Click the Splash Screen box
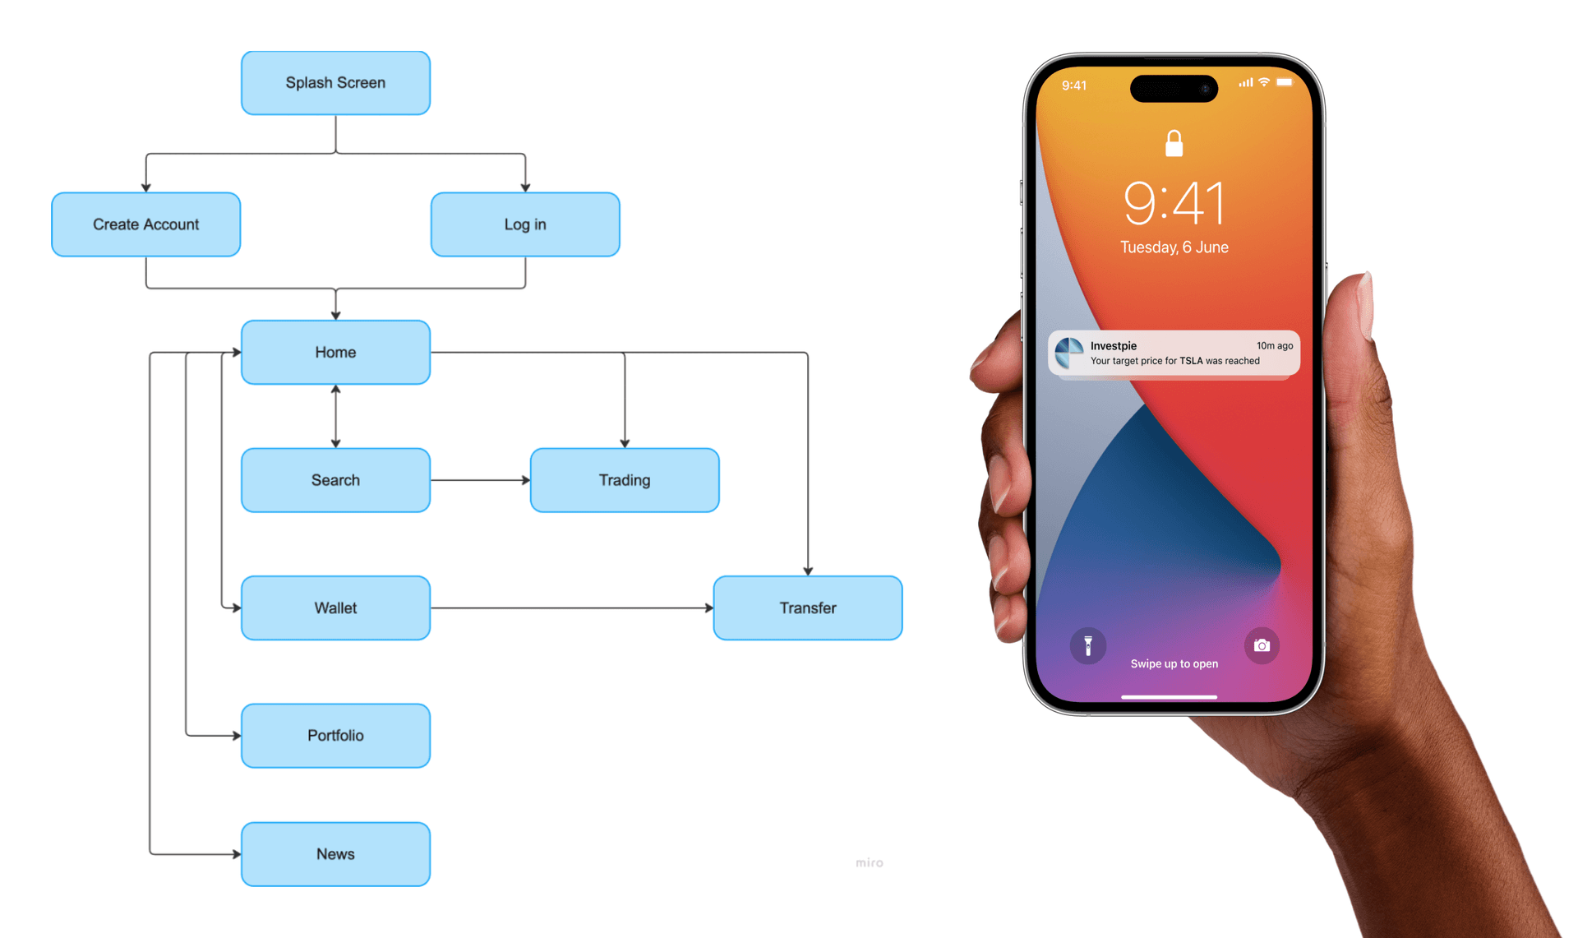click(335, 83)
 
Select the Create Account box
click(145, 224)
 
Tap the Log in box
click(525, 224)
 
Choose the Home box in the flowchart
click(335, 352)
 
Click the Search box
click(335, 480)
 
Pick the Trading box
click(625, 480)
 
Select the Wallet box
click(335, 608)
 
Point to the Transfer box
click(807, 608)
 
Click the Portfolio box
click(335, 736)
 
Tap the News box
click(335, 854)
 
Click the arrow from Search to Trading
click(480, 480)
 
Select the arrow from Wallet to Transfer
click(571, 608)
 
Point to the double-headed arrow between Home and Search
click(335, 416)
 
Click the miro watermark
click(869, 862)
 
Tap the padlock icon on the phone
click(1174, 144)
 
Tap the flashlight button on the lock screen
click(1087, 646)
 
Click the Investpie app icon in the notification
click(1069, 353)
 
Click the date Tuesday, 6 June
click(1174, 247)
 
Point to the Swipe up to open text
click(1174, 664)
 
